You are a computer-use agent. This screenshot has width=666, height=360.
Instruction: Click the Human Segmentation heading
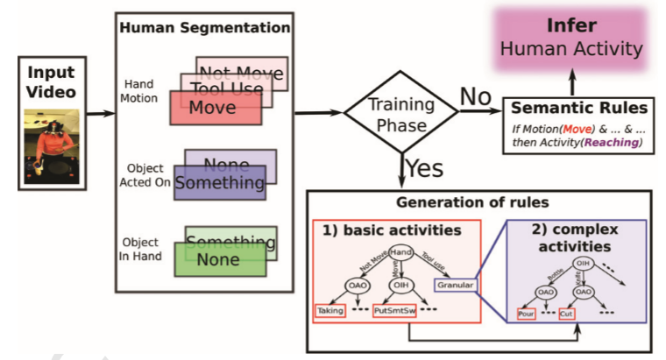[203, 27]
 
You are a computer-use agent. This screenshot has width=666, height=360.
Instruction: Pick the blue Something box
[219, 183]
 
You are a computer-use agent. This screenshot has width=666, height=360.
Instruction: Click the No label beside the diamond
[475, 95]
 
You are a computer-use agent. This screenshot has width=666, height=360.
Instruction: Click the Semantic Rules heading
[578, 108]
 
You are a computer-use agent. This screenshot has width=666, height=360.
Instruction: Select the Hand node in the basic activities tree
[400, 251]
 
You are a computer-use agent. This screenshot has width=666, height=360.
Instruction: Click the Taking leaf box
[329, 311]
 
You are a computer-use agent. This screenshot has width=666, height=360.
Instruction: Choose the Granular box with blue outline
[456, 284]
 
